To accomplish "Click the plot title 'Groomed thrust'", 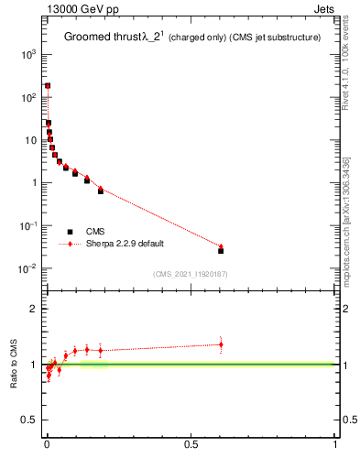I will point(100,38).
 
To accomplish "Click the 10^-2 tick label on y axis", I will point(28,268).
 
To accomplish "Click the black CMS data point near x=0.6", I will point(221,250).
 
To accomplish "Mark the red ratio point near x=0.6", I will point(221,344).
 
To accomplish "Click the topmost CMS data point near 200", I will point(48,86).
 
